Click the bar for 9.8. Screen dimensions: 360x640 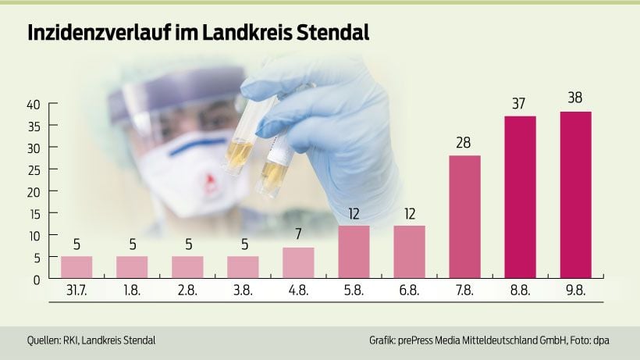pyautogui.click(x=576, y=195)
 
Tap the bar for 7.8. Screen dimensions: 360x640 pyautogui.click(x=465, y=217)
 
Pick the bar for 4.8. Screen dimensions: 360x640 pyautogui.click(x=298, y=262)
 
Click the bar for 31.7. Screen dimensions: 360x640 pyautogui.click(x=76, y=267)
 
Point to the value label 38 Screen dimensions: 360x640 pyautogui.click(x=576, y=98)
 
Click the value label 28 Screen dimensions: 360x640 pyautogui.click(x=465, y=143)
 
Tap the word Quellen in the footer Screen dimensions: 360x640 pyautogui.click(x=44, y=341)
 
